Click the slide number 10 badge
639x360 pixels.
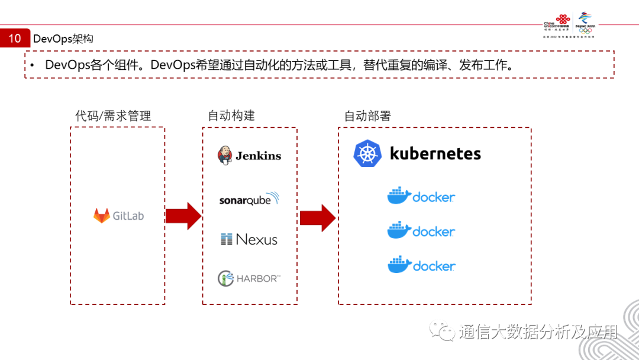pos(15,39)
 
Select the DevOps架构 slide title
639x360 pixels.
pos(63,39)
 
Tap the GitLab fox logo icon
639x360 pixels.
pos(101,216)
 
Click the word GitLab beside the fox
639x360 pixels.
pos(128,216)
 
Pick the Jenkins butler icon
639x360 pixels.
pos(225,155)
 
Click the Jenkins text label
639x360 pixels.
pos(258,156)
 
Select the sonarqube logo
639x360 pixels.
pos(249,199)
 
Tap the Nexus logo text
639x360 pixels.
pos(256,239)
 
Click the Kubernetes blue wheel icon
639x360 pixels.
pos(366,154)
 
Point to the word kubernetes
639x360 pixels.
pos(435,154)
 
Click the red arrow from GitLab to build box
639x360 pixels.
pos(183,216)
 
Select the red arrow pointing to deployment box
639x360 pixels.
pos(318,217)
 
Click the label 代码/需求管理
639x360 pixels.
pos(113,115)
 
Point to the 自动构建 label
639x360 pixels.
pos(231,115)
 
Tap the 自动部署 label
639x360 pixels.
pos(367,115)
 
